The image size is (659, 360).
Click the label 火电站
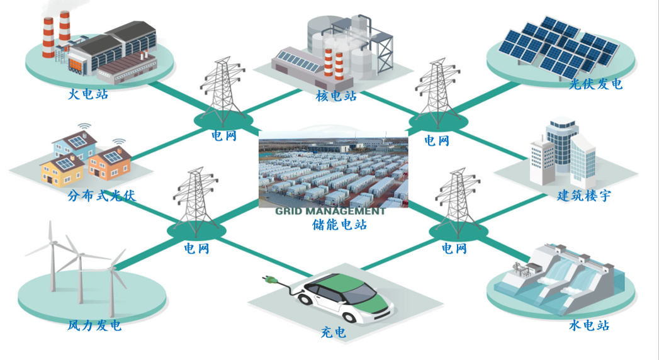click(x=88, y=96)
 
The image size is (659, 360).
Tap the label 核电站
click(x=336, y=96)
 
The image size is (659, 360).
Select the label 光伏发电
click(x=595, y=84)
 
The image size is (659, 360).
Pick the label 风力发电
click(x=94, y=325)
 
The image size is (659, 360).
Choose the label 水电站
click(x=589, y=325)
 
